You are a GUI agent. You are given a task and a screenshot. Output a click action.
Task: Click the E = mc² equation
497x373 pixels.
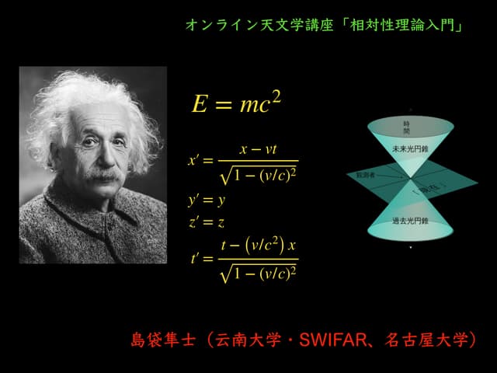point(236,103)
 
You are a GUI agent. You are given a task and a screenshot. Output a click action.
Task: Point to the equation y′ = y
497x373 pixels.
point(206,200)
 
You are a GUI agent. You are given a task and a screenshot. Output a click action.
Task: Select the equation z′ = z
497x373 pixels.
point(206,223)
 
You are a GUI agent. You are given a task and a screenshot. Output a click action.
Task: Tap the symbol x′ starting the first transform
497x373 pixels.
point(195,161)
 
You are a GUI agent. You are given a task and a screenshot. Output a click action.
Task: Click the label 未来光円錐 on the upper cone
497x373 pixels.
point(410,148)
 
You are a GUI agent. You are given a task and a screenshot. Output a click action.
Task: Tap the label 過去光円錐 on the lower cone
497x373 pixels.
point(410,221)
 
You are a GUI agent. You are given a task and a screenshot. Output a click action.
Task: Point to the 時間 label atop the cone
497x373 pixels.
point(406,127)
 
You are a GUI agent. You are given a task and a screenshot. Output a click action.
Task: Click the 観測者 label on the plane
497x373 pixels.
point(365,176)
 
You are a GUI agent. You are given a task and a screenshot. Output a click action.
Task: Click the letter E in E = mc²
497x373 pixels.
point(200,104)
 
